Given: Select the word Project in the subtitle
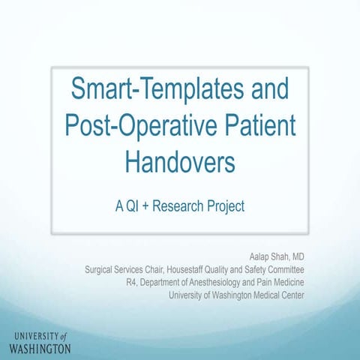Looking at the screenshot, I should (226, 205).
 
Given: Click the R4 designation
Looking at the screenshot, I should (133, 283).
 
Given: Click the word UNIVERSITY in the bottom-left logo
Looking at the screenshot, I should (34, 335).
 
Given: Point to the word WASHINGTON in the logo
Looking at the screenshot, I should (40, 349).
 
